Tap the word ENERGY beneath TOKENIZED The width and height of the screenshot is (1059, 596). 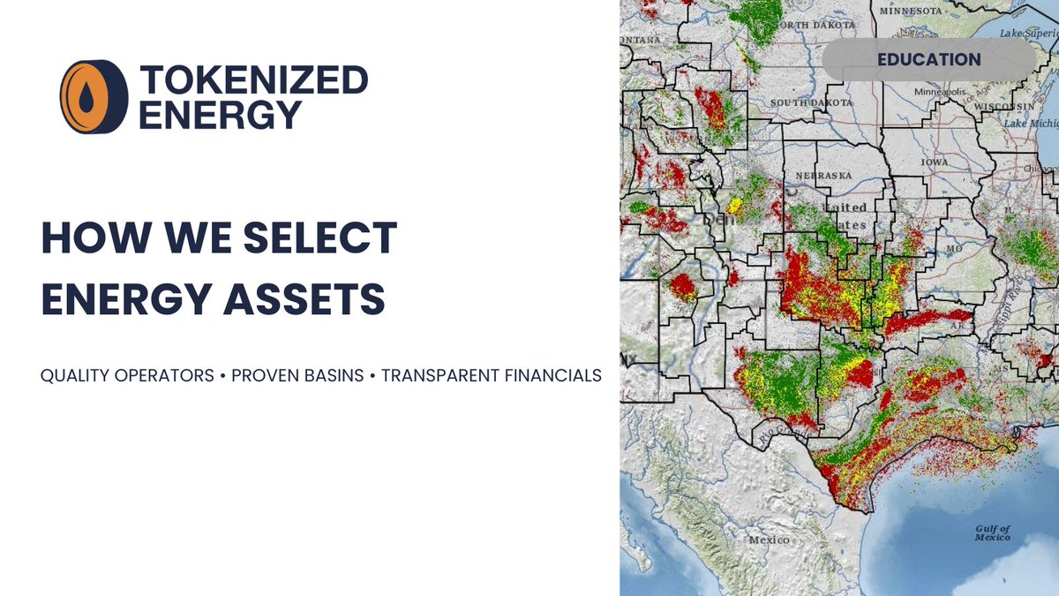221,116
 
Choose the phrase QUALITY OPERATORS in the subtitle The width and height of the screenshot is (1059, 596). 127,375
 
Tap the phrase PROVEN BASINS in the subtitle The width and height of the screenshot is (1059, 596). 297,375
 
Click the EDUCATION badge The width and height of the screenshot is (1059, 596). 928,60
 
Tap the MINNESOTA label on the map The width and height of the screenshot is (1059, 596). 909,11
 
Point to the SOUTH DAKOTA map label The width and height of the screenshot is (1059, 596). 812,103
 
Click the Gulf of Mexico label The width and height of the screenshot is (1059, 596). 993,533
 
